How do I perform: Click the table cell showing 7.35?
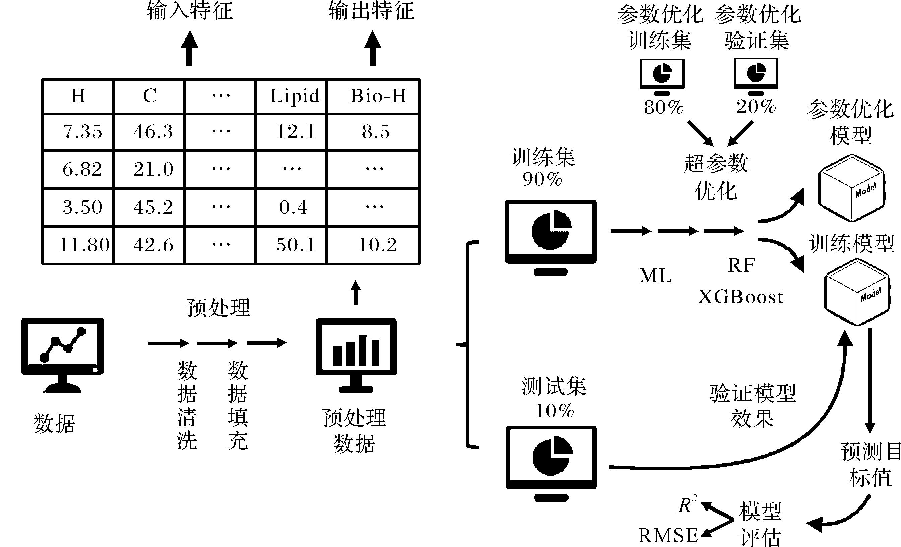[x=82, y=132]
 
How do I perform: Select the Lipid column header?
[x=295, y=96]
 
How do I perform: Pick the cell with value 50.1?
[x=296, y=245]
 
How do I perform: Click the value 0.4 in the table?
[x=293, y=207]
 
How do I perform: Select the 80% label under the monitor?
[x=663, y=107]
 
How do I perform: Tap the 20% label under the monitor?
[x=756, y=107]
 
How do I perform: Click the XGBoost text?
[x=741, y=297]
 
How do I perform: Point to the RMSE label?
[x=668, y=536]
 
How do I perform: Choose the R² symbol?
[x=687, y=505]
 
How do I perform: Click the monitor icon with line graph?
[x=62, y=355]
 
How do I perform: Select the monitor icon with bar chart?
[x=356, y=355]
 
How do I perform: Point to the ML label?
[x=655, y=276]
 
